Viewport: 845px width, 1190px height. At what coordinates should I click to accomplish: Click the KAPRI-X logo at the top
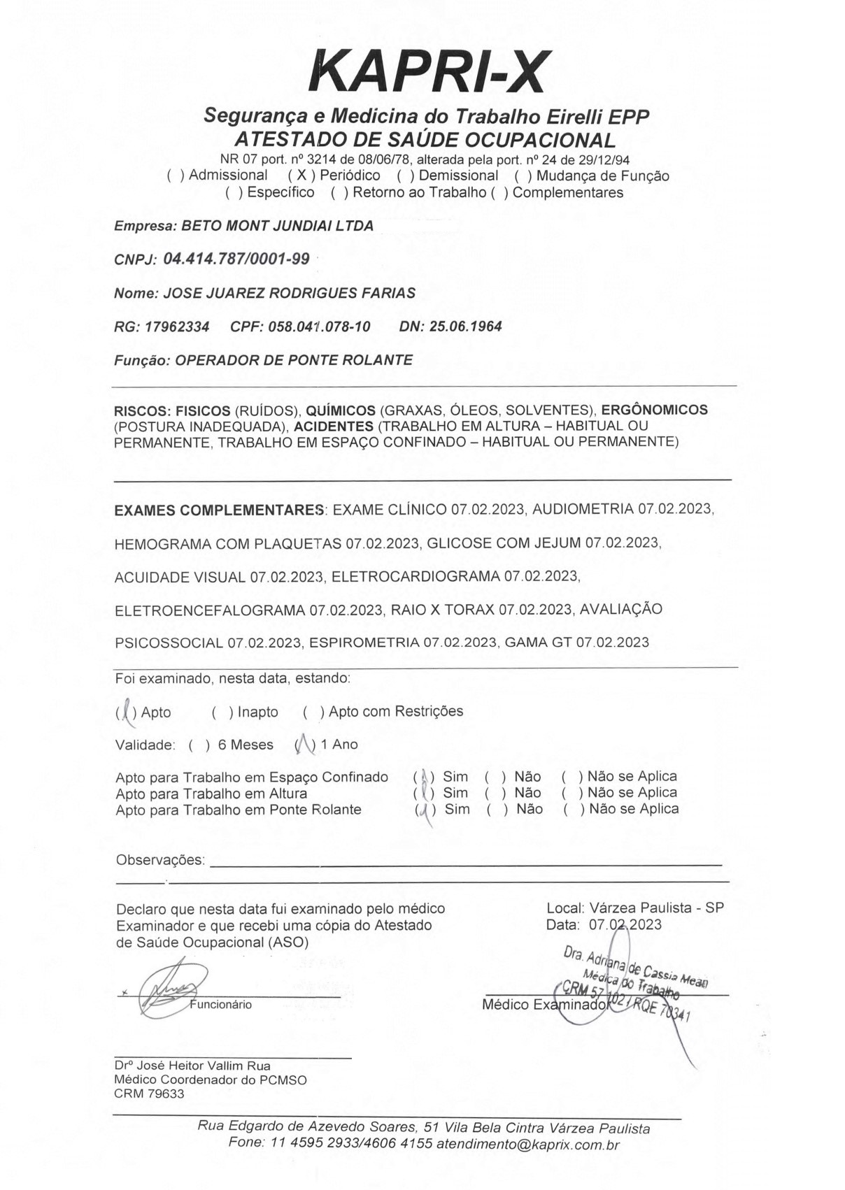pyautogui.click(x=429, y=72)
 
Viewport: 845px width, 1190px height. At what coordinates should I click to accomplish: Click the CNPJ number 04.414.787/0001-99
pyautogui.click(x=236, y=259)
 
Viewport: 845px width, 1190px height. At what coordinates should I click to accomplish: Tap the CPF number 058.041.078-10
pyautogui.click(x=319, y=327)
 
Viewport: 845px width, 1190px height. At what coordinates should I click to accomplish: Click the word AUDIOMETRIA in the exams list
pyautogui.click(x=583, y=510)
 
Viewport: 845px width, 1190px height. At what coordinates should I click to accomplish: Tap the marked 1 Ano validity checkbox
pyautogui.click(x=306, y=745)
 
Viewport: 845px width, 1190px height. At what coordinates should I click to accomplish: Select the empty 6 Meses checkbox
pyautogui.click(x=199, y=745)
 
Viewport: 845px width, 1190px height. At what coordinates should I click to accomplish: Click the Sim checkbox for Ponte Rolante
pyautogui.click(x=425, y=810)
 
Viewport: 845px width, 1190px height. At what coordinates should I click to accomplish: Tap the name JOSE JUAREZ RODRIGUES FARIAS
pyautogui.click(x=289, y=293)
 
